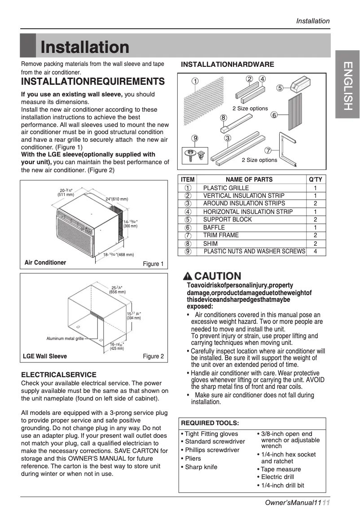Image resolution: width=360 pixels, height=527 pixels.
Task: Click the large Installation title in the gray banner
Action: [x=85, y=47]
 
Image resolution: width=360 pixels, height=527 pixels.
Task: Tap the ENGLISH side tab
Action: [x=347, y=86]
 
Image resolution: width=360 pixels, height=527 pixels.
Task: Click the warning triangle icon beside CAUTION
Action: [x=188, y=276]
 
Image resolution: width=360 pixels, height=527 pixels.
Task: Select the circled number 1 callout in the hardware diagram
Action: [x=195, y=81]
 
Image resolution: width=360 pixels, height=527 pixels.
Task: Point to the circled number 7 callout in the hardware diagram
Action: [x=268, y=150]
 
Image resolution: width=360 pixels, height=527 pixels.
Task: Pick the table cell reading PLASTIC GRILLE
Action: [x=226, y=188]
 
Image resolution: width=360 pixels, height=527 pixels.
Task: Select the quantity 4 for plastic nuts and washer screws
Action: [x=316, y=251]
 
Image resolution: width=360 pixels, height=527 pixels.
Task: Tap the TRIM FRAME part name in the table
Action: [x=221, y=235]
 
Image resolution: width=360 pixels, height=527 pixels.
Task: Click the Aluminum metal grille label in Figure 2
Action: [x=65, y=339]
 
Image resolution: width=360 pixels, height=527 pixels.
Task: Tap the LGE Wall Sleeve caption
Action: [x=45, y=356]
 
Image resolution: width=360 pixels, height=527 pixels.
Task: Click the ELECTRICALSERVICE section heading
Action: [x=59, y=375]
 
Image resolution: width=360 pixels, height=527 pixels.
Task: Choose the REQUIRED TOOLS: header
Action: [x=210, y=423]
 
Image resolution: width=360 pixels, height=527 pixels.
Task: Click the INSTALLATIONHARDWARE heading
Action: [x=227, y=65]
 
